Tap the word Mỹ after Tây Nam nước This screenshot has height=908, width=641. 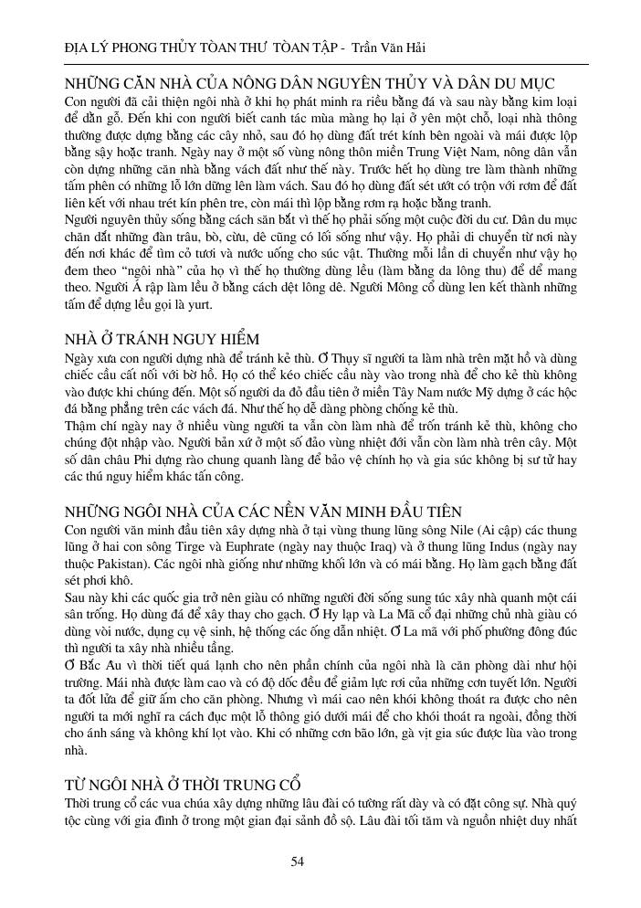tap(481, 393)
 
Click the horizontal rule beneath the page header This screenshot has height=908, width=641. tap(320, 63)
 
